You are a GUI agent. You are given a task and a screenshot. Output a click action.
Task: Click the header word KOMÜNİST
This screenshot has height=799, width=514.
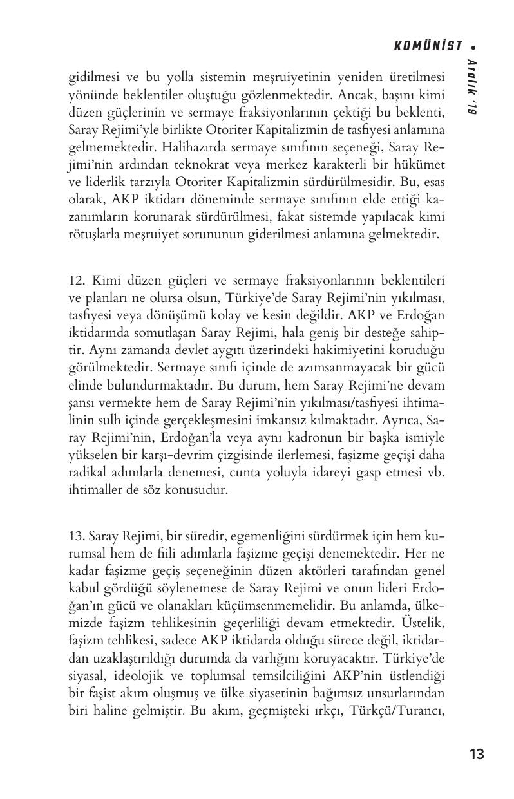[428, 46]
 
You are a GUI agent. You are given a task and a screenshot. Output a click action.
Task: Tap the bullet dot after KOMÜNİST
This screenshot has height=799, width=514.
[473, 46]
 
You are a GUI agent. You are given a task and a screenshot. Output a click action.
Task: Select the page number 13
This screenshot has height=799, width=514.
[477, 754]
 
